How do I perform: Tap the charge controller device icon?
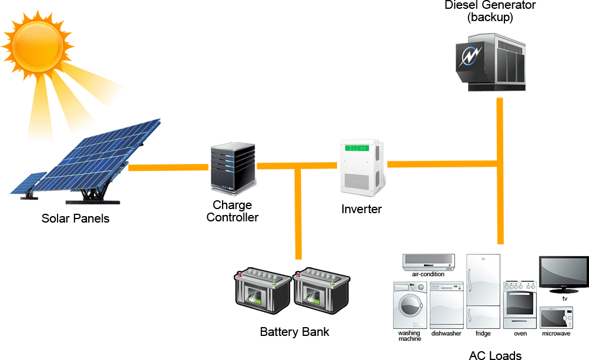coord(233,169)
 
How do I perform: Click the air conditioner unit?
coord(428,261)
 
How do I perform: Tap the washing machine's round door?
coord(409,307)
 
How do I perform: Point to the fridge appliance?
coord(483,291)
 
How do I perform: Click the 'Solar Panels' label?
coord(75,219)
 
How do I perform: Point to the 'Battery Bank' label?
coord(294,332)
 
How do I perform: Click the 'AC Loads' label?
coord(495,355)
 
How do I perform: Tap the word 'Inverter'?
coord(361,209)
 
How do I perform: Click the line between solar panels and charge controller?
coord(168,168)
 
